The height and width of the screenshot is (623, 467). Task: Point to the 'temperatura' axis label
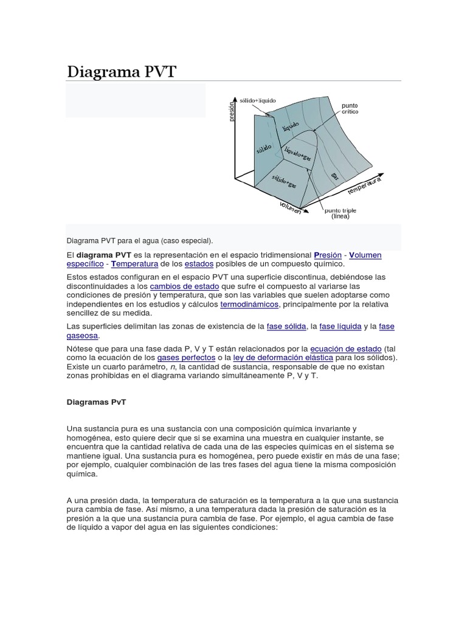(365, 186)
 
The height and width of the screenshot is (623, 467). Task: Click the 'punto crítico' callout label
(350, 108)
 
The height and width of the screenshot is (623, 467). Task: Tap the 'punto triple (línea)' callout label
(341, 213)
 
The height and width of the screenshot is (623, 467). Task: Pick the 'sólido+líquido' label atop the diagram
(258, 99)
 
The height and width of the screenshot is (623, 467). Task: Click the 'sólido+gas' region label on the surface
(284, 181)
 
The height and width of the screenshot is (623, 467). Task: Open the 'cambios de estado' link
(184, 286)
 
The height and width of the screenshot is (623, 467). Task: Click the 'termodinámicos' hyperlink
(249, 304)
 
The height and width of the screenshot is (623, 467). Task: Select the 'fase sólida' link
(286, 327)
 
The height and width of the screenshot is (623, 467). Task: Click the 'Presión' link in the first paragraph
(328, 255)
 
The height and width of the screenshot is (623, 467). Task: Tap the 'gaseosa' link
(82, 336)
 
